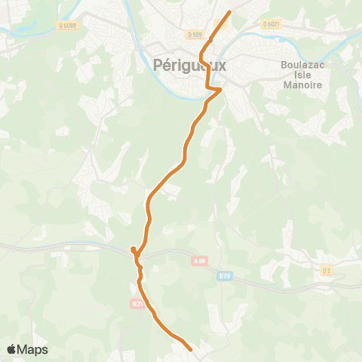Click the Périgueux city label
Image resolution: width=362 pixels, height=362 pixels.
189,66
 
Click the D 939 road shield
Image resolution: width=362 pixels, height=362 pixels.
194,34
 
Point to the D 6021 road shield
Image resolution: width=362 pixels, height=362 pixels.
271,24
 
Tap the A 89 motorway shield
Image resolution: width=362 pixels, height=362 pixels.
199,261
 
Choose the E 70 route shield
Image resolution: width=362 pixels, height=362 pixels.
224,276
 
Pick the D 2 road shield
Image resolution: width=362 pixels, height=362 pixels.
326,269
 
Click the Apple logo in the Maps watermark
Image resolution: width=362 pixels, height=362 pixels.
13,349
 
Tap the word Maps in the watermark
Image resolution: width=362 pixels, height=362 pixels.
34,349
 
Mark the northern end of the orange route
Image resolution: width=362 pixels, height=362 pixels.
228,11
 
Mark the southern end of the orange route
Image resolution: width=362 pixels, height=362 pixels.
191,349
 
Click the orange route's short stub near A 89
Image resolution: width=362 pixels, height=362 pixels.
133,249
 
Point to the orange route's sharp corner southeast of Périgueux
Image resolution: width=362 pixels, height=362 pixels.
219,90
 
